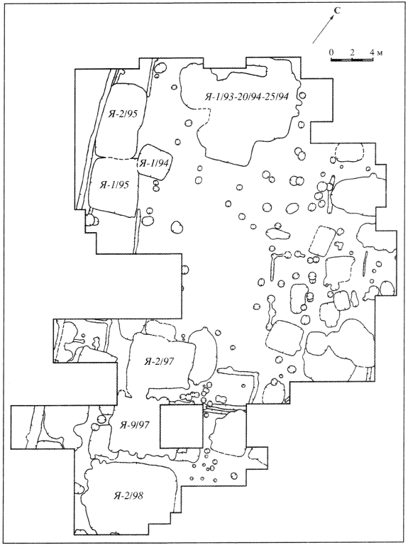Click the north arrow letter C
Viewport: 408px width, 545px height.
(x=337, y=11)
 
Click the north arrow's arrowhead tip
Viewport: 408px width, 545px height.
(x=333, y=16)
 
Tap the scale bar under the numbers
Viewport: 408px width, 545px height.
(x=352, y=60)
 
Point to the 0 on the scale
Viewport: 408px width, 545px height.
(x=331, y=53)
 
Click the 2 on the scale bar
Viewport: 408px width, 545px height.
(x=352, y=53)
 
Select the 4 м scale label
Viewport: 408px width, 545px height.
(x=376, y=53)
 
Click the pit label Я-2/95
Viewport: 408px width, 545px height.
(x=121, y=114)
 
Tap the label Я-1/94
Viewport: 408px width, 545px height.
(x=154, y=163)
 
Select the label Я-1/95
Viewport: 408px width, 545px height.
(x=114, y=185)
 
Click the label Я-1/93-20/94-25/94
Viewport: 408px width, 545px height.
(x=246, y=97)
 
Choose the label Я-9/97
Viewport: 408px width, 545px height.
(x=134, y=425)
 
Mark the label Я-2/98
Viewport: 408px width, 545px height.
(x=128, y=495)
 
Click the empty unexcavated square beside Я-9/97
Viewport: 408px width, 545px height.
(x=181, y=426)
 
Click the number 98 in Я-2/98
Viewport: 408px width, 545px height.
(x=138, y=495)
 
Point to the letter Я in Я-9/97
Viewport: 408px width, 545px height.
(x=123, y=425)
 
